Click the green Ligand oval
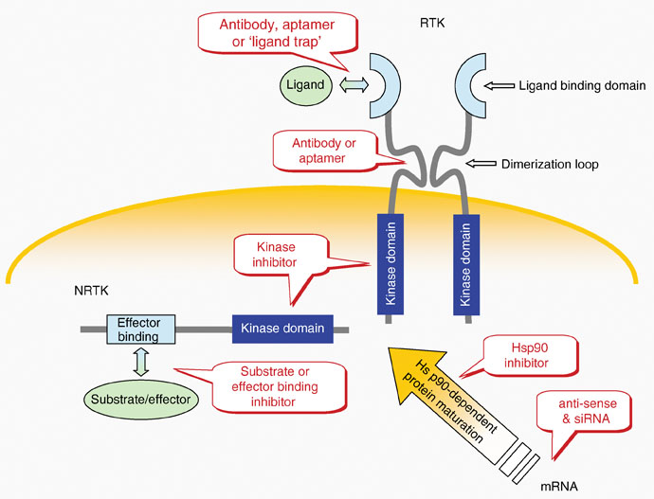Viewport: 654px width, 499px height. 305,85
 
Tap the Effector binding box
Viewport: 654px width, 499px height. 140,329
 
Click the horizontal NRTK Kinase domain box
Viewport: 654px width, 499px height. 281,329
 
